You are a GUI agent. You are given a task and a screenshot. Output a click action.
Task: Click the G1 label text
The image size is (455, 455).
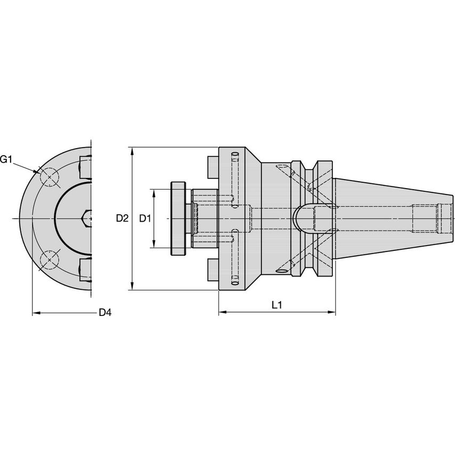[x=6, y=159]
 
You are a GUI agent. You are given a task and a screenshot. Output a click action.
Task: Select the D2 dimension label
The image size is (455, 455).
[x=122, y=218]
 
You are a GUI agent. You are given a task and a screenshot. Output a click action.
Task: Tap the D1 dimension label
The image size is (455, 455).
[x=145, y=218]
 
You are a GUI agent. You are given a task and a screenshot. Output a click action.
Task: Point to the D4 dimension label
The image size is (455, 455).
[x=105, y=313]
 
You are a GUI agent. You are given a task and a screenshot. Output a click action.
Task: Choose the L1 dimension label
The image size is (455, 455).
[x=277, y=305]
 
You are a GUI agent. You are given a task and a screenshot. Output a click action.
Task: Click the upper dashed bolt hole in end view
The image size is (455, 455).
[x=50, y=178]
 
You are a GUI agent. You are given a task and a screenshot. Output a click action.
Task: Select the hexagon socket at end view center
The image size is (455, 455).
[x=87, y=218]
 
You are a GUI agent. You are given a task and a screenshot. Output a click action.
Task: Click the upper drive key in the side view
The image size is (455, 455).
[x=213, y=167]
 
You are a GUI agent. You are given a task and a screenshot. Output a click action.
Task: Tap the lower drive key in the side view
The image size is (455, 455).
[x=213, y=270]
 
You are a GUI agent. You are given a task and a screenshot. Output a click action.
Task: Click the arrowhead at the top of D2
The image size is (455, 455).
[x=132, y=150]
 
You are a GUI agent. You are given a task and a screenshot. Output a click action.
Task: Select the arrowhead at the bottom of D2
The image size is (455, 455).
[x=132, y=287]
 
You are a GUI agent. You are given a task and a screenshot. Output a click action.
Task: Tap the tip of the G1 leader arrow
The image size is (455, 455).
[x=38, y=172]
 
